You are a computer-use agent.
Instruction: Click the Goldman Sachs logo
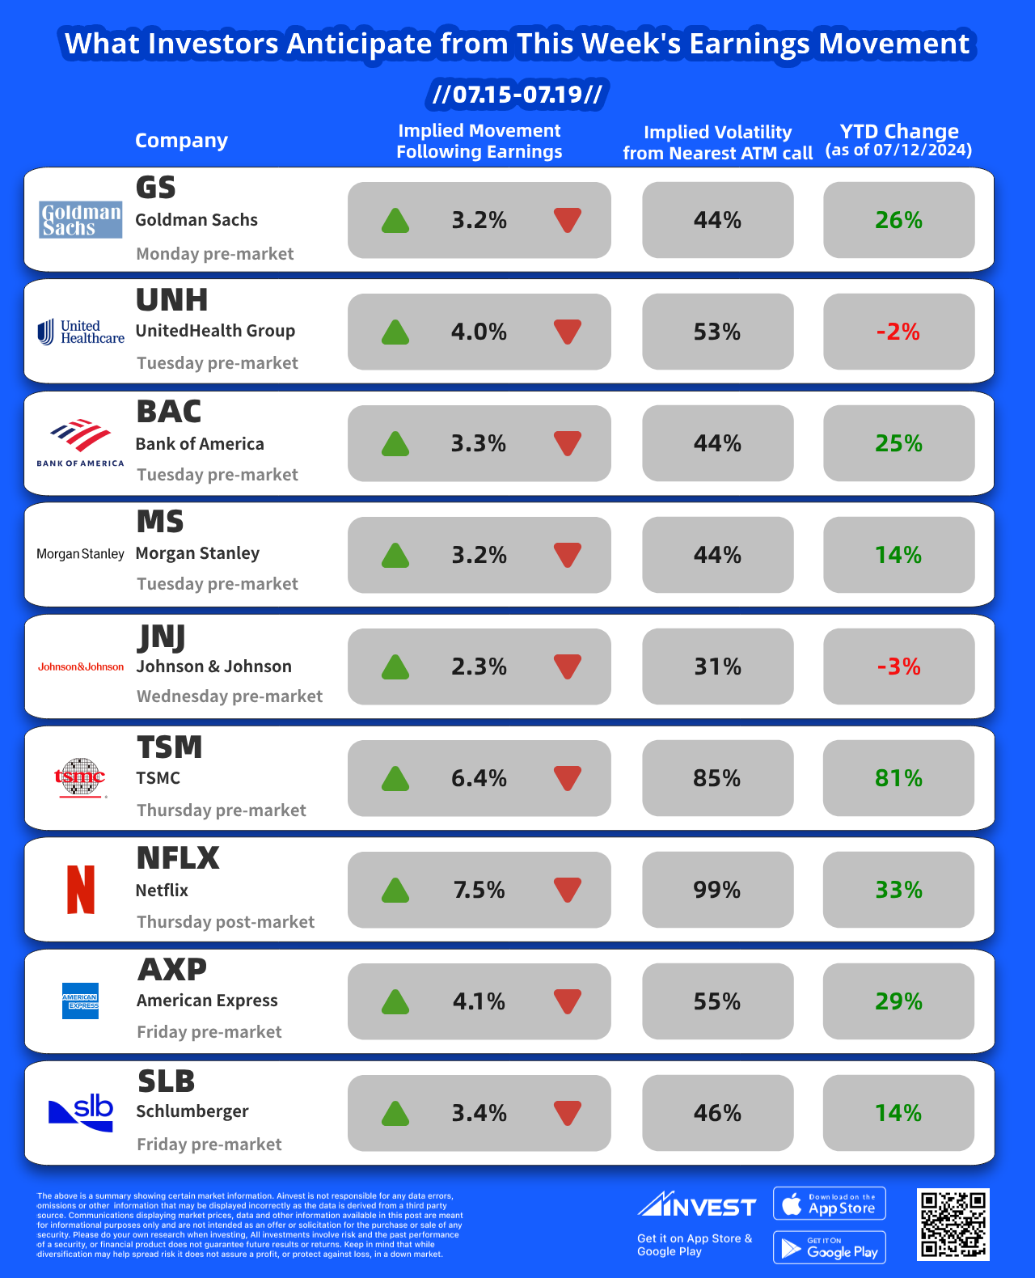point(81,220)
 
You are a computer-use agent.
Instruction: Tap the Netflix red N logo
point(81,890)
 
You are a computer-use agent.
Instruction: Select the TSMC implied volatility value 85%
point(717,778)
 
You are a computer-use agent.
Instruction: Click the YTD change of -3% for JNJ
point(898,667)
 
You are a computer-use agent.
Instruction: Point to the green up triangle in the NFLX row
point(395,890)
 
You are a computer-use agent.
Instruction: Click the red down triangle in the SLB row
point(568,1113)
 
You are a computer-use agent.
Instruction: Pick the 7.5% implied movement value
point(479,890)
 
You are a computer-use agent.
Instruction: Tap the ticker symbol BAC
point(169,412)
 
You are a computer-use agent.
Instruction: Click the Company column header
point(181,141)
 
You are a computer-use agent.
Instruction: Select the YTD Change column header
point(898,140)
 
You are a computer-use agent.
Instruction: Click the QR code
point(953,1224)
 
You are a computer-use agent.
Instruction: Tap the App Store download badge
point(830,1204)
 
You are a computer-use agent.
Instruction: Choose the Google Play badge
point(830,1247)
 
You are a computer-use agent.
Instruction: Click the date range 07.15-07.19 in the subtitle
point(517,95)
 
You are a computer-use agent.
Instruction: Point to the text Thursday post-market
point(226,922)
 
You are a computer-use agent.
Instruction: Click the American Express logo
point(81,1001)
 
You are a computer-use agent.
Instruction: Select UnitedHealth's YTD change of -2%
point(898,332)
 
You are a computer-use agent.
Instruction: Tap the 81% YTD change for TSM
point(898,778)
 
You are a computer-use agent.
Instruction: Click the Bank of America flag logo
point(81,436)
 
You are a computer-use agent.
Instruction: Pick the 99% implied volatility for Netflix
point(717,890)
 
